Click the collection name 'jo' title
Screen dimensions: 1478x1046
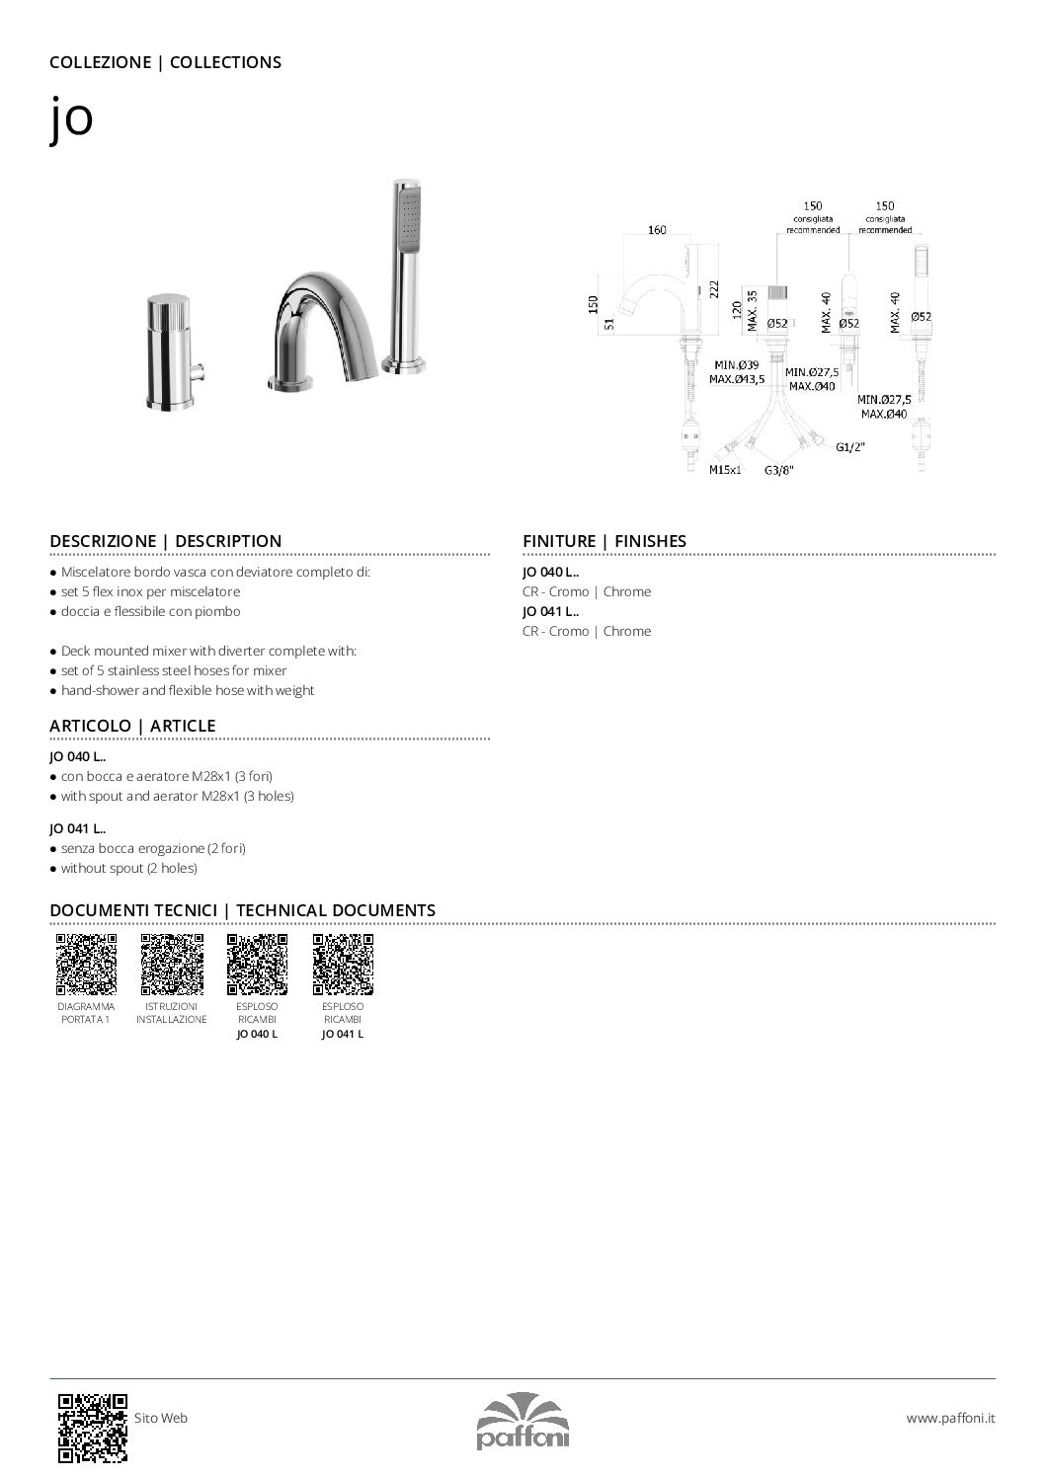coord(71,120)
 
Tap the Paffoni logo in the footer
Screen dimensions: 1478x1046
coord(523,1420)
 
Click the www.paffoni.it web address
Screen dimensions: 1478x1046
coord(950,1418)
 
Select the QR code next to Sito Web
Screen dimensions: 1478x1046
coord(93,1427)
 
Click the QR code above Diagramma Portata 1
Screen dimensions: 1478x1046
coord(86,964)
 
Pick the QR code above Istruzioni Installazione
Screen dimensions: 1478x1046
coord(172,964)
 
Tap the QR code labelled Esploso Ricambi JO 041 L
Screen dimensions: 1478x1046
coord(343,964)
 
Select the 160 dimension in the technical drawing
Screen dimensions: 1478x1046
coord(657,230)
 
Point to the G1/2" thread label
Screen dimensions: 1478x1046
coord(849,446)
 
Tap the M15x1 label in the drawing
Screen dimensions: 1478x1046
coord(725,471)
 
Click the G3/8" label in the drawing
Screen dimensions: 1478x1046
coord(779,471)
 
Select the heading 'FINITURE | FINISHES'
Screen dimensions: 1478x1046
coord(604,541)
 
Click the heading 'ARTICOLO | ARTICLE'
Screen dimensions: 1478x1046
coord(132,726)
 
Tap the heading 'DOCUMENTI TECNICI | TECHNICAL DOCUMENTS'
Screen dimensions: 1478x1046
coord(242,910)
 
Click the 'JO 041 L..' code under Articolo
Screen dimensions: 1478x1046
coord(78,829)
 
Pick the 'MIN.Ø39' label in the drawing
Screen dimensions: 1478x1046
coord(737,365)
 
